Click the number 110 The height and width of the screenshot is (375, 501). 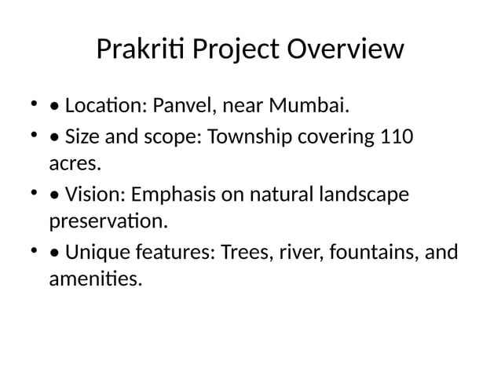pyautogui.click(x=396, y=137)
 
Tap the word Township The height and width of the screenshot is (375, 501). pyautogui.click(x=248, y=137)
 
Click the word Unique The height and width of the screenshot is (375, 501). pyautogui.click(x=97, y=252)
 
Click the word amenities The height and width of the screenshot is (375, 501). pyautogui.click(x=95, y=279)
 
